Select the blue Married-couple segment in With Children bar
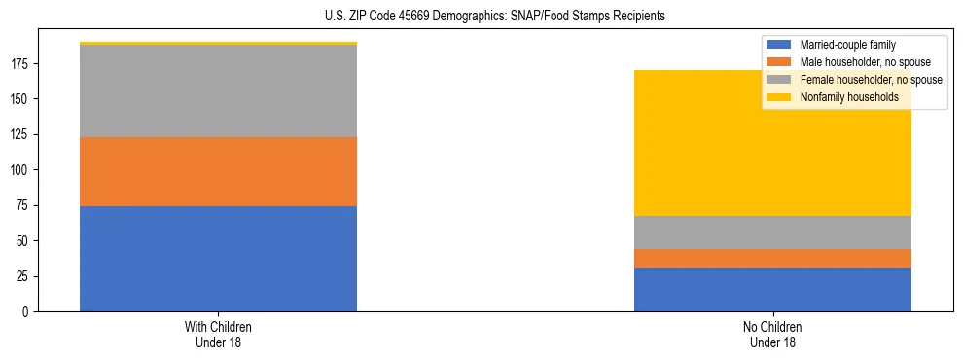tap(218, 259)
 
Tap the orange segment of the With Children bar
tap(218, 171)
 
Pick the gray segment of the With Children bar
tap(218, 90)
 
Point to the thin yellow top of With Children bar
tap(218, 44)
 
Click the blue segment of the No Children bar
tap(772, 289)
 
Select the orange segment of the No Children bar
tap(772, 258)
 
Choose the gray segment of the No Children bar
tap(772, 233)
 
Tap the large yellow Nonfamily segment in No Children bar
tap(772, 143)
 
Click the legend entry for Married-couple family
tap(847, 45)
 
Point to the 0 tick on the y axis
tap(26, 312)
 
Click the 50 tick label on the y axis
tap(23, 241)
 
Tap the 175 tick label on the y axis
tap(20, 64)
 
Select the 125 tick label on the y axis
tap(20, 135)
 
